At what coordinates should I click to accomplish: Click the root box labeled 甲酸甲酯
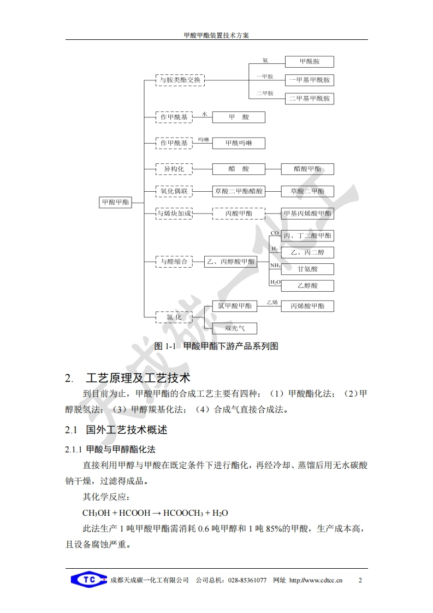(116, 202)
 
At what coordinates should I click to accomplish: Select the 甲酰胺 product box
(310, 62)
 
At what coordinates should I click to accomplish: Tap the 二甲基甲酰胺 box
(310, 99)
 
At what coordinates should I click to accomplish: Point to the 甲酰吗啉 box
(239, 143)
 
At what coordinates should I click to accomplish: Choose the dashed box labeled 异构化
(174, 169)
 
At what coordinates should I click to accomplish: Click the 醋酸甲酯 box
(307, 169)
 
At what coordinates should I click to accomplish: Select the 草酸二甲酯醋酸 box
(239, 192)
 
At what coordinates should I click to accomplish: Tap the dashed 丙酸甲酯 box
(239, 214)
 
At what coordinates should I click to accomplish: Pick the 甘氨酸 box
(307, 269)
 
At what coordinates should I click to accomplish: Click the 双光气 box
(234, 328)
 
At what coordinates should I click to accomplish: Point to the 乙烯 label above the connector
(272, 302)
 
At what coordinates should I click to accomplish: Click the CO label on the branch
(275, 233)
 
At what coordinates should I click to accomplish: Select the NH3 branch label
(275, 266)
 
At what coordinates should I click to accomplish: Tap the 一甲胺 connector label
(265, 76)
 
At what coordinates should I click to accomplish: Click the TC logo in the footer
(88, 580)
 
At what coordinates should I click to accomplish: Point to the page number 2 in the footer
(360, 580)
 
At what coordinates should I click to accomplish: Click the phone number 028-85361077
(247, 580)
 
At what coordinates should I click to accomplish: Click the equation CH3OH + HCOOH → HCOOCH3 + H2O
(155, 513)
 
